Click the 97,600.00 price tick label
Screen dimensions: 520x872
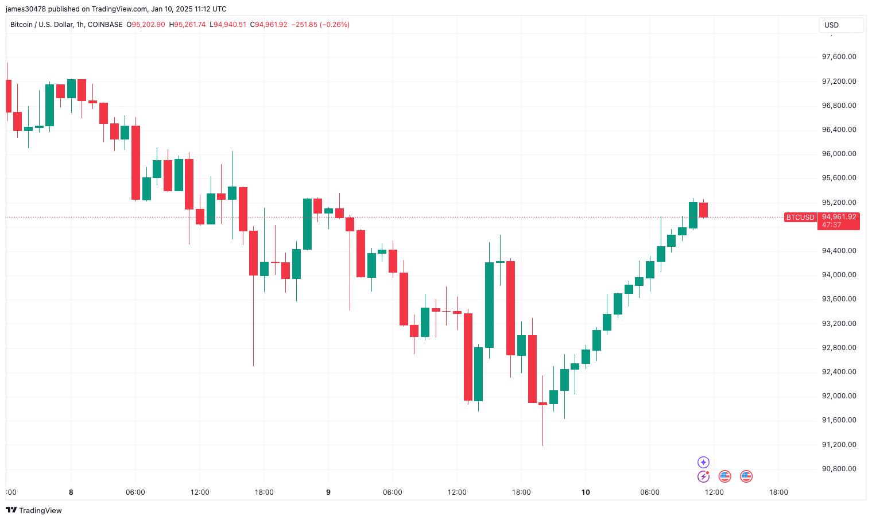point(839,57)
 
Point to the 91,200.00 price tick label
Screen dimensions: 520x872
point(839,445)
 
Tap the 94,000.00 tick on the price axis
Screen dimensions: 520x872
point(839,275)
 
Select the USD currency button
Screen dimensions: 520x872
point(840,25)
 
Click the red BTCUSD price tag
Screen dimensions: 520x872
point(800,218)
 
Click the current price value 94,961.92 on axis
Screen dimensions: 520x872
point(839,217)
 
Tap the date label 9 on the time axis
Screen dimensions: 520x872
point(328,492)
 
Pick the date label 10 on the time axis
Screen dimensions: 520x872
point(586,492)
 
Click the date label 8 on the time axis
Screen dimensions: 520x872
point(71,492)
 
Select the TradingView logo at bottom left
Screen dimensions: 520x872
point(34,510)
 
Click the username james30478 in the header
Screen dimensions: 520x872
point(28,9)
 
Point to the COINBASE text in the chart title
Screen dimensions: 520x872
point(105,25)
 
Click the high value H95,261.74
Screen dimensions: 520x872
point(187,25)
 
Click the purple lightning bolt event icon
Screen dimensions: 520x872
point(703,476)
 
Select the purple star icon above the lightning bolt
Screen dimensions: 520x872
point(703,463)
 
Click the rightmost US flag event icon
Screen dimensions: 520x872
point(746,476)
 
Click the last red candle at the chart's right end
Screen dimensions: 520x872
point(703,210)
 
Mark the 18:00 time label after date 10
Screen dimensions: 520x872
point(778,492)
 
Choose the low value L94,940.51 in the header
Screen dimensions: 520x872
point(228,25)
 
